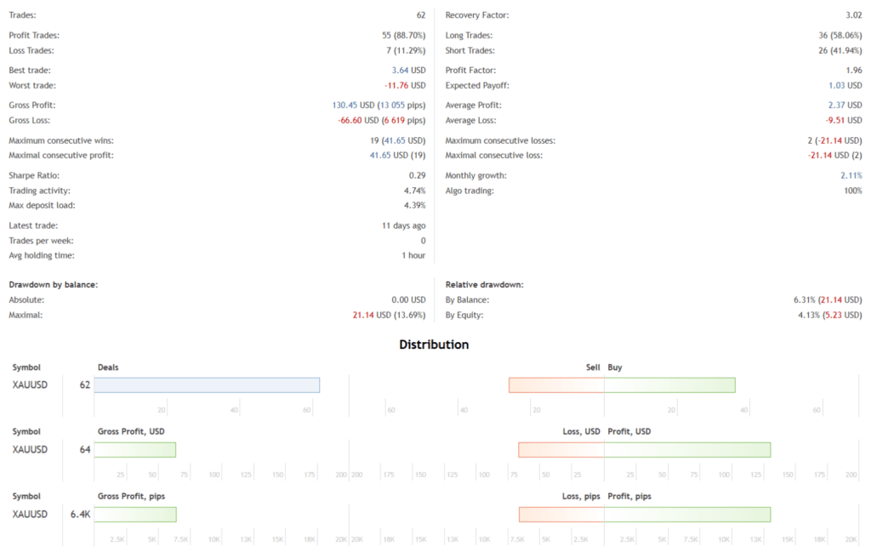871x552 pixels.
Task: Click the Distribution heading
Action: tap(434, 344)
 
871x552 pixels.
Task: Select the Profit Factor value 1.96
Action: tap(851, 71)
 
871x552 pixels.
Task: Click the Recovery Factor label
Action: tap(477, 15)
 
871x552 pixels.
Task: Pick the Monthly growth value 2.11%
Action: tap(851, 175)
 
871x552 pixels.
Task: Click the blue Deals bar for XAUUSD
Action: tap(207, 385)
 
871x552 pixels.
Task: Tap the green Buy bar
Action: tap(669, 385)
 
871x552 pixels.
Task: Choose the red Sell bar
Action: tap(556, 385)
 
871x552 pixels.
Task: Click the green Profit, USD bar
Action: tap(687, 450)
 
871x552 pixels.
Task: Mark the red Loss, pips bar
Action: tap(561, 515)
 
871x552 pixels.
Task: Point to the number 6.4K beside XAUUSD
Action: tap(80, 514)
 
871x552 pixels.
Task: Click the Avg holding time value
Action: tap(413, 255)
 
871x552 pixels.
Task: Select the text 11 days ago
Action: tap(403, 225)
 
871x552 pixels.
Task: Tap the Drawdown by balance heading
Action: tap(53, 284)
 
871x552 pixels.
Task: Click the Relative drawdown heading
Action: tap(484, 284)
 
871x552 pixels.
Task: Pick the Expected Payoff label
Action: tap(477, 85)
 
